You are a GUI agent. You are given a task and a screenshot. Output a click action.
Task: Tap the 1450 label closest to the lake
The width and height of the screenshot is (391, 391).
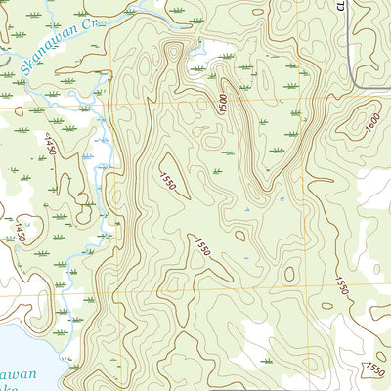click(x=15, y=232)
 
